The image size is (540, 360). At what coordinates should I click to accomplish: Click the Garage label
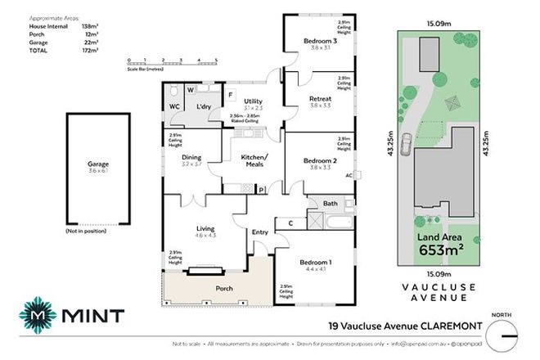tap(98, 164)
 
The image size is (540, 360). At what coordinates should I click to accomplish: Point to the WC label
tap(174, 106)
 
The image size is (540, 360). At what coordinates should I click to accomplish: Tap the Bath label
tap(330, 203)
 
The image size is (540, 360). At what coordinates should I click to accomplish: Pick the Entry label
tap(260, 232)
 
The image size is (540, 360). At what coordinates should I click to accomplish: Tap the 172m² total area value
tap(91, 52)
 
